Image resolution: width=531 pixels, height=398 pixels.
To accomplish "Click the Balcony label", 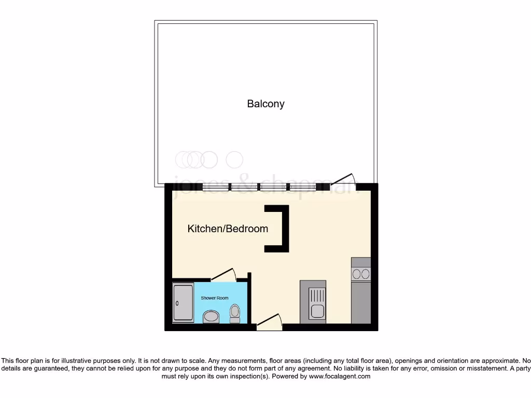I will click(x=265, y=104).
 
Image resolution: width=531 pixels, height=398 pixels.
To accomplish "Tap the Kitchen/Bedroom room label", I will click(x=228, y=229).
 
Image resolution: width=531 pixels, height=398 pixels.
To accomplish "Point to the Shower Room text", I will click(x=215, y=298).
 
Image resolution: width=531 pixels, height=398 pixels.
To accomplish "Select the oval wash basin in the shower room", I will click(x=211, y=316).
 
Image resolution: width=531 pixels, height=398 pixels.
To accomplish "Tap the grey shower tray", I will click(x=183, y=302).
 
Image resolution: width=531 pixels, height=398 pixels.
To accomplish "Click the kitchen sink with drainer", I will click(x=313, y=302).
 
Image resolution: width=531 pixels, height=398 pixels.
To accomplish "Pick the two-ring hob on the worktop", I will click(x=361, y=274).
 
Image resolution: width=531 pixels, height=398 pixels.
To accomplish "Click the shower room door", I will click(x=224, y=275).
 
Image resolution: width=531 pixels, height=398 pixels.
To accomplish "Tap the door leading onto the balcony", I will click(x=343, y=179).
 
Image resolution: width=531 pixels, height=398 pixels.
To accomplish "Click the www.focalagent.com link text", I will click(x=340, y=377).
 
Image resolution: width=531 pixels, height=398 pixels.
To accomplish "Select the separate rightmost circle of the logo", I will click(x=235, y=160).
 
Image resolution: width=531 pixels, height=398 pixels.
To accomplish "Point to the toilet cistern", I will click(x=235, y=320).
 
